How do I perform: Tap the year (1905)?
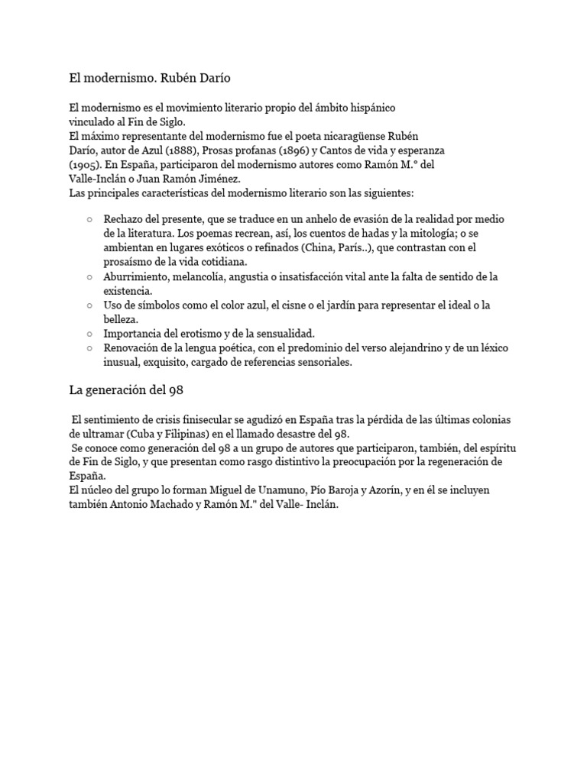[x=83, y=164]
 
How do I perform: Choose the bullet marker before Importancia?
[x=91, y=334]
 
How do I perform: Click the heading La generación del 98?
[x=125, y=390]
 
